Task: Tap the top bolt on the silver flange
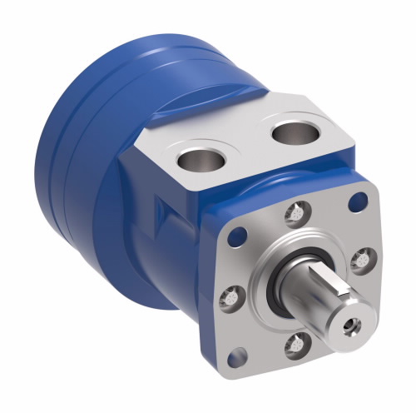click(x=294, y=215)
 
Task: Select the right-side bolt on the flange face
click(x=359, y=261)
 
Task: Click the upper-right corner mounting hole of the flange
click(x=359, y=200)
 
